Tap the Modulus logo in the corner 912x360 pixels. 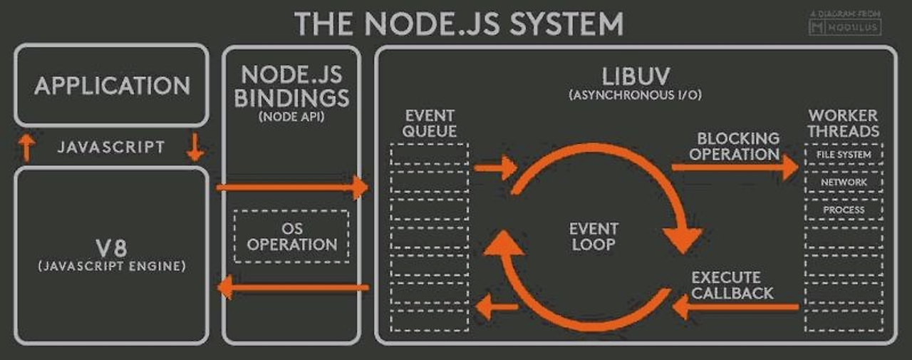[844, 26]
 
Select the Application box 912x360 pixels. [112, 86]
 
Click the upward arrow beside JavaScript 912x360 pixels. [26, 148]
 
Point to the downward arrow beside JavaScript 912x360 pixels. [195, 147]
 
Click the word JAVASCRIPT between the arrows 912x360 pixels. [111, 148]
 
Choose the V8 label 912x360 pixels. [111, 249]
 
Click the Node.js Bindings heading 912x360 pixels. [291, 86]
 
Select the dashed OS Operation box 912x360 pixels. [291, 236]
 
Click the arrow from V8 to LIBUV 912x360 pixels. [291, 187]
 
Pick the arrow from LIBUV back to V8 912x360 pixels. [291, 287]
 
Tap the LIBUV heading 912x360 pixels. [635, 77]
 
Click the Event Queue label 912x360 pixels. [430, 123]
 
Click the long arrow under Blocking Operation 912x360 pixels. [734, 168]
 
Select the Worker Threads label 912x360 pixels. [843, 123]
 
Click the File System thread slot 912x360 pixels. [844, 154]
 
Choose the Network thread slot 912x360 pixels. [844, 182]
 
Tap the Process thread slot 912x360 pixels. [844, 210]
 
